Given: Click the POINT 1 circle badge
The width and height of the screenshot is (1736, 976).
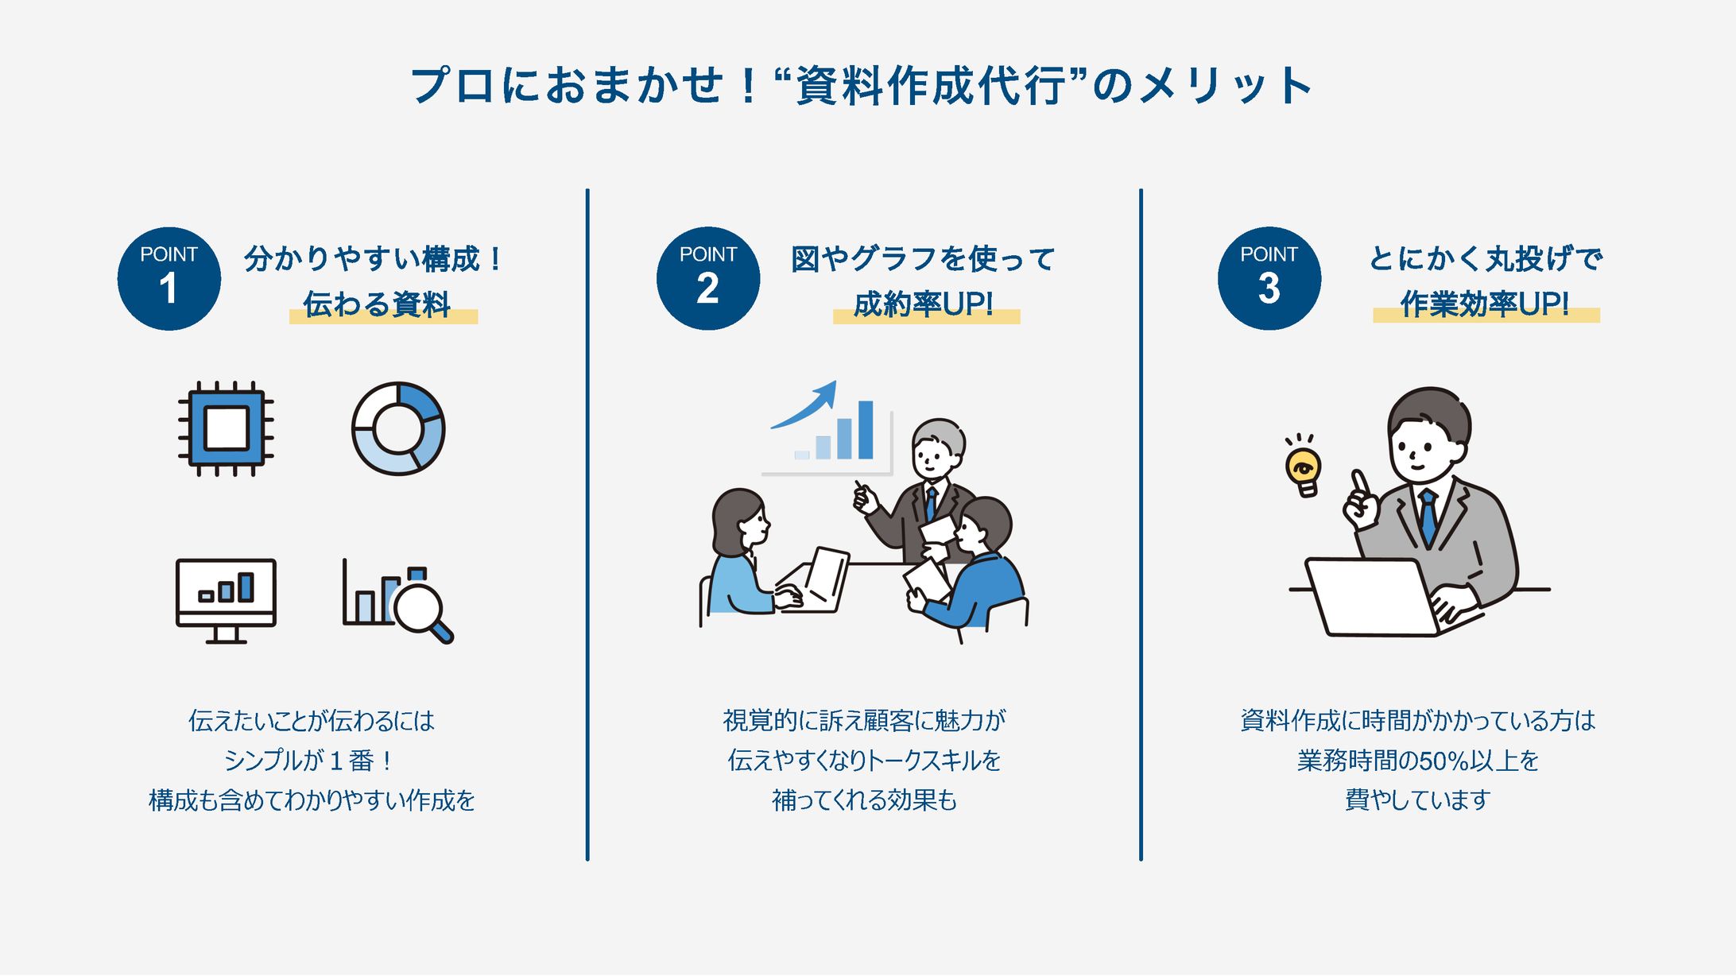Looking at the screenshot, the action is [169, 279].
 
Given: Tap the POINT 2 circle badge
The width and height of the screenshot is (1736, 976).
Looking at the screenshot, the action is [708, 279].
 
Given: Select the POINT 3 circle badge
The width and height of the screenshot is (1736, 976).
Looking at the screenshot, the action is [1269, 279].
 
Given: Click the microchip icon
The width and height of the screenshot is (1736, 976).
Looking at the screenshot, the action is [226, 429].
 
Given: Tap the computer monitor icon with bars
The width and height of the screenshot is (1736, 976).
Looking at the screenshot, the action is [226, 601].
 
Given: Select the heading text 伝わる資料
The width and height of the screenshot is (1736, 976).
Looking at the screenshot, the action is [378, 304].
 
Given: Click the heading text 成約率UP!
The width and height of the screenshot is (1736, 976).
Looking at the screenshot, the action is [924, 304].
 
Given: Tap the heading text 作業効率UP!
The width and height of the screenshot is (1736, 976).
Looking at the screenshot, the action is [1485, 304].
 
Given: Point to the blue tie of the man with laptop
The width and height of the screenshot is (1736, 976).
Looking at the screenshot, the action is [1428, 517].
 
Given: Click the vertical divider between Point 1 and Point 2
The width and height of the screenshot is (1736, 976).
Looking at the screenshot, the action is [587, 525].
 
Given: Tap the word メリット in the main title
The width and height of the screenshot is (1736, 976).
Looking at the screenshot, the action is [1225, 86].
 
